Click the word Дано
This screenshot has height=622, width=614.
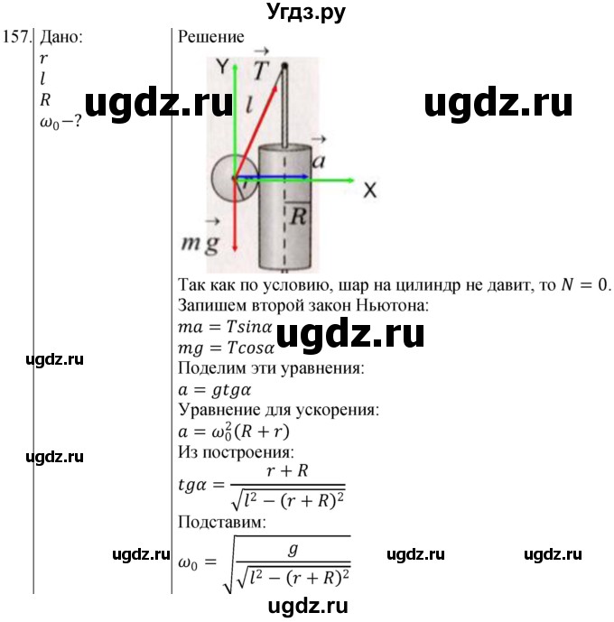click(60, 37)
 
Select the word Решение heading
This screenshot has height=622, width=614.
click(211, 37)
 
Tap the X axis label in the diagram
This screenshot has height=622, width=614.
click(369, 190)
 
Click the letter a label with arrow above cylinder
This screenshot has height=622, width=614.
click(318, 159)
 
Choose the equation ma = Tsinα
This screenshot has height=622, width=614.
click(228, 328)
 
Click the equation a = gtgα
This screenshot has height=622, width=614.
click(214, 390)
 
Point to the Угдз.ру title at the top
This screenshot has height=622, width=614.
click(307, 12)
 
